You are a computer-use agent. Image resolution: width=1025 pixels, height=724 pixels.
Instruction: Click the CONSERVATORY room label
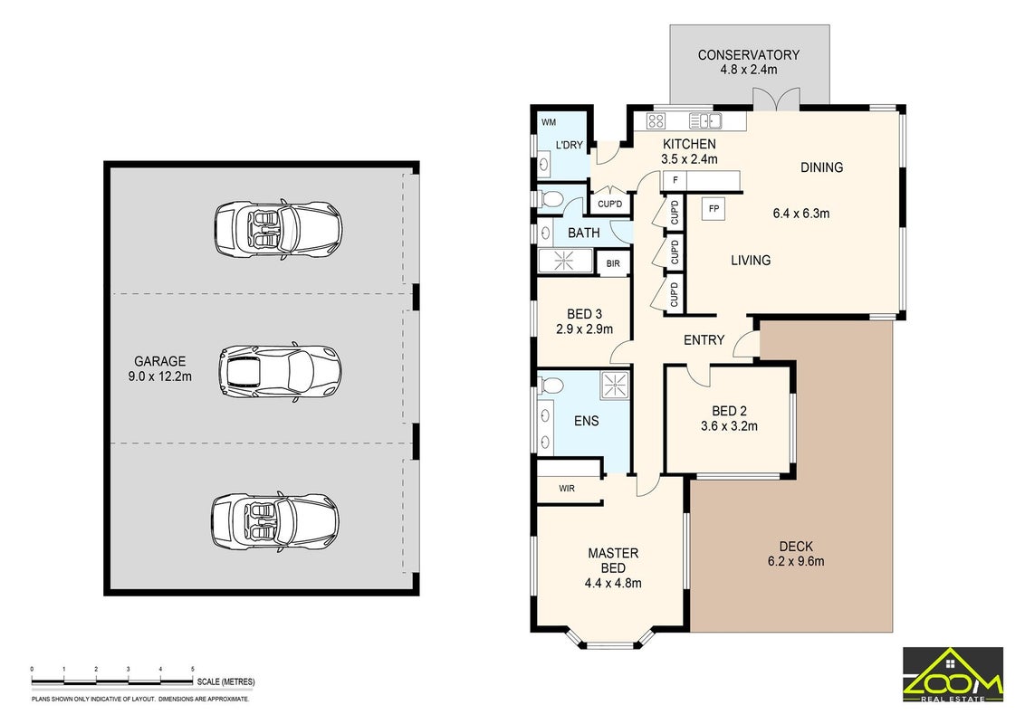click(x=749, y=55)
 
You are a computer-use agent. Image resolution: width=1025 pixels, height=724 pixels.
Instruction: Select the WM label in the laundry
click(x=549, y=122)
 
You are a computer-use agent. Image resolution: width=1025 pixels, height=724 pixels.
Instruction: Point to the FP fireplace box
click(x=714, y=208)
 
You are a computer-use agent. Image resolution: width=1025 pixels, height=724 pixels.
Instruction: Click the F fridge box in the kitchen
click(x=675, y=180)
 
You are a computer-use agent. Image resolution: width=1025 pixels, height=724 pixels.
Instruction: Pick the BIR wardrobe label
click(x=612, y=264)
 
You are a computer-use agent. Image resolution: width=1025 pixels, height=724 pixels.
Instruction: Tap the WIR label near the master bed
click(x=567, y=488)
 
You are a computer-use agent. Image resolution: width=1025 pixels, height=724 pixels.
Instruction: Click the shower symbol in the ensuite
click(x=615, y=386)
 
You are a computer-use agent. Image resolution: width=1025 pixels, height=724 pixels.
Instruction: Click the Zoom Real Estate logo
click(x=953, y=674)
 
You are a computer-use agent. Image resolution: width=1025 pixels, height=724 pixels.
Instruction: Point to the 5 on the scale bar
click(x=192, y=669)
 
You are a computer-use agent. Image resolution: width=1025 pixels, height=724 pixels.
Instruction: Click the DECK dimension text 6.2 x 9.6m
click(x=796, y=561)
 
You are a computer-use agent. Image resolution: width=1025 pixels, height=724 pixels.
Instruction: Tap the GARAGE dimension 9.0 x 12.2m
click(x=160, y=376)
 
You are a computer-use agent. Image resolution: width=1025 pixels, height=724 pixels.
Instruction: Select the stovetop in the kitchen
click(x=656, y=121)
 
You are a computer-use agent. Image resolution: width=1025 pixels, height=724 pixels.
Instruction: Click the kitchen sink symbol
click(x=704, y=121)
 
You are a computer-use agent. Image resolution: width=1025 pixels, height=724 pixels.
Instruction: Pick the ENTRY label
click(x=704, y=339)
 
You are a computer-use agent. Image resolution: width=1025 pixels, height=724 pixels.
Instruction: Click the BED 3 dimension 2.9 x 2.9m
click(x=584, y=329)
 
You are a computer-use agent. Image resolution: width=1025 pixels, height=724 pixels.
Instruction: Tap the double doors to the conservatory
click(x=776, y=99)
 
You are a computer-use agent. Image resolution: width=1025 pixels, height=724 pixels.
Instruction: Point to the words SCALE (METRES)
click(x=226, y=681)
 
